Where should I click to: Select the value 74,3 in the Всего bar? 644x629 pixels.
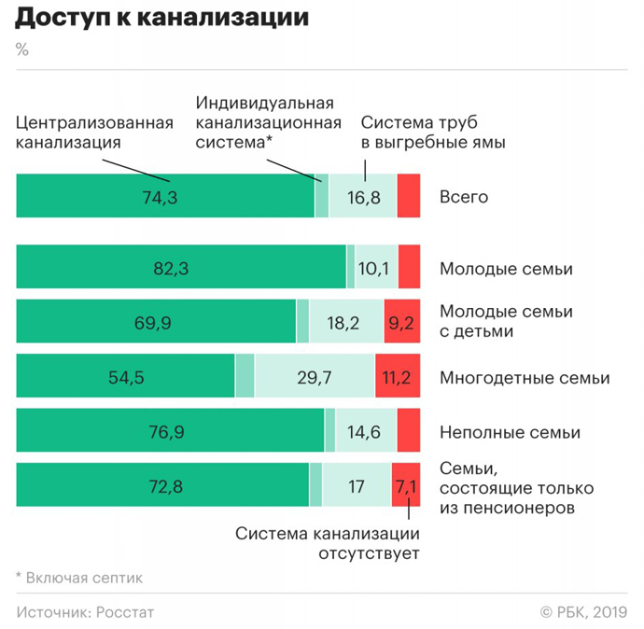coord(165,197)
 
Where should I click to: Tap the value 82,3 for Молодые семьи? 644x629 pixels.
coord(171,269)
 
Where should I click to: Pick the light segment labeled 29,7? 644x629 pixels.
coord(315,378)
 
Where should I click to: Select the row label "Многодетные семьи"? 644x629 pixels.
coord(524,378)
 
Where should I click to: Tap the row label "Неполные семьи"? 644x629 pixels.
coord(509,432)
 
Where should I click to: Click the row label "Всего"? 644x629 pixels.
coord(463,197)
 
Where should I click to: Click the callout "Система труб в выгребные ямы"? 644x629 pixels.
coord(433,133)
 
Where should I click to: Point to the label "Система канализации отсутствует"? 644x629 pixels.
coord(327,543)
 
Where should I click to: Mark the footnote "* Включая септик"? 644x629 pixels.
coord(80,578)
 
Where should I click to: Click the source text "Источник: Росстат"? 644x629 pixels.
coord(85,612)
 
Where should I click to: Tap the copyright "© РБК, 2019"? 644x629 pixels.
coord(582,612)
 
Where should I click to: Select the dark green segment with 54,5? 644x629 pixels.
coord(126,378)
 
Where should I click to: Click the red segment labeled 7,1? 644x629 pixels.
coord(406,486)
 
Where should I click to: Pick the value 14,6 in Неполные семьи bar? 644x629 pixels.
coord(366,432)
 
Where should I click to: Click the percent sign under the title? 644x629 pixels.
coord(22,49)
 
